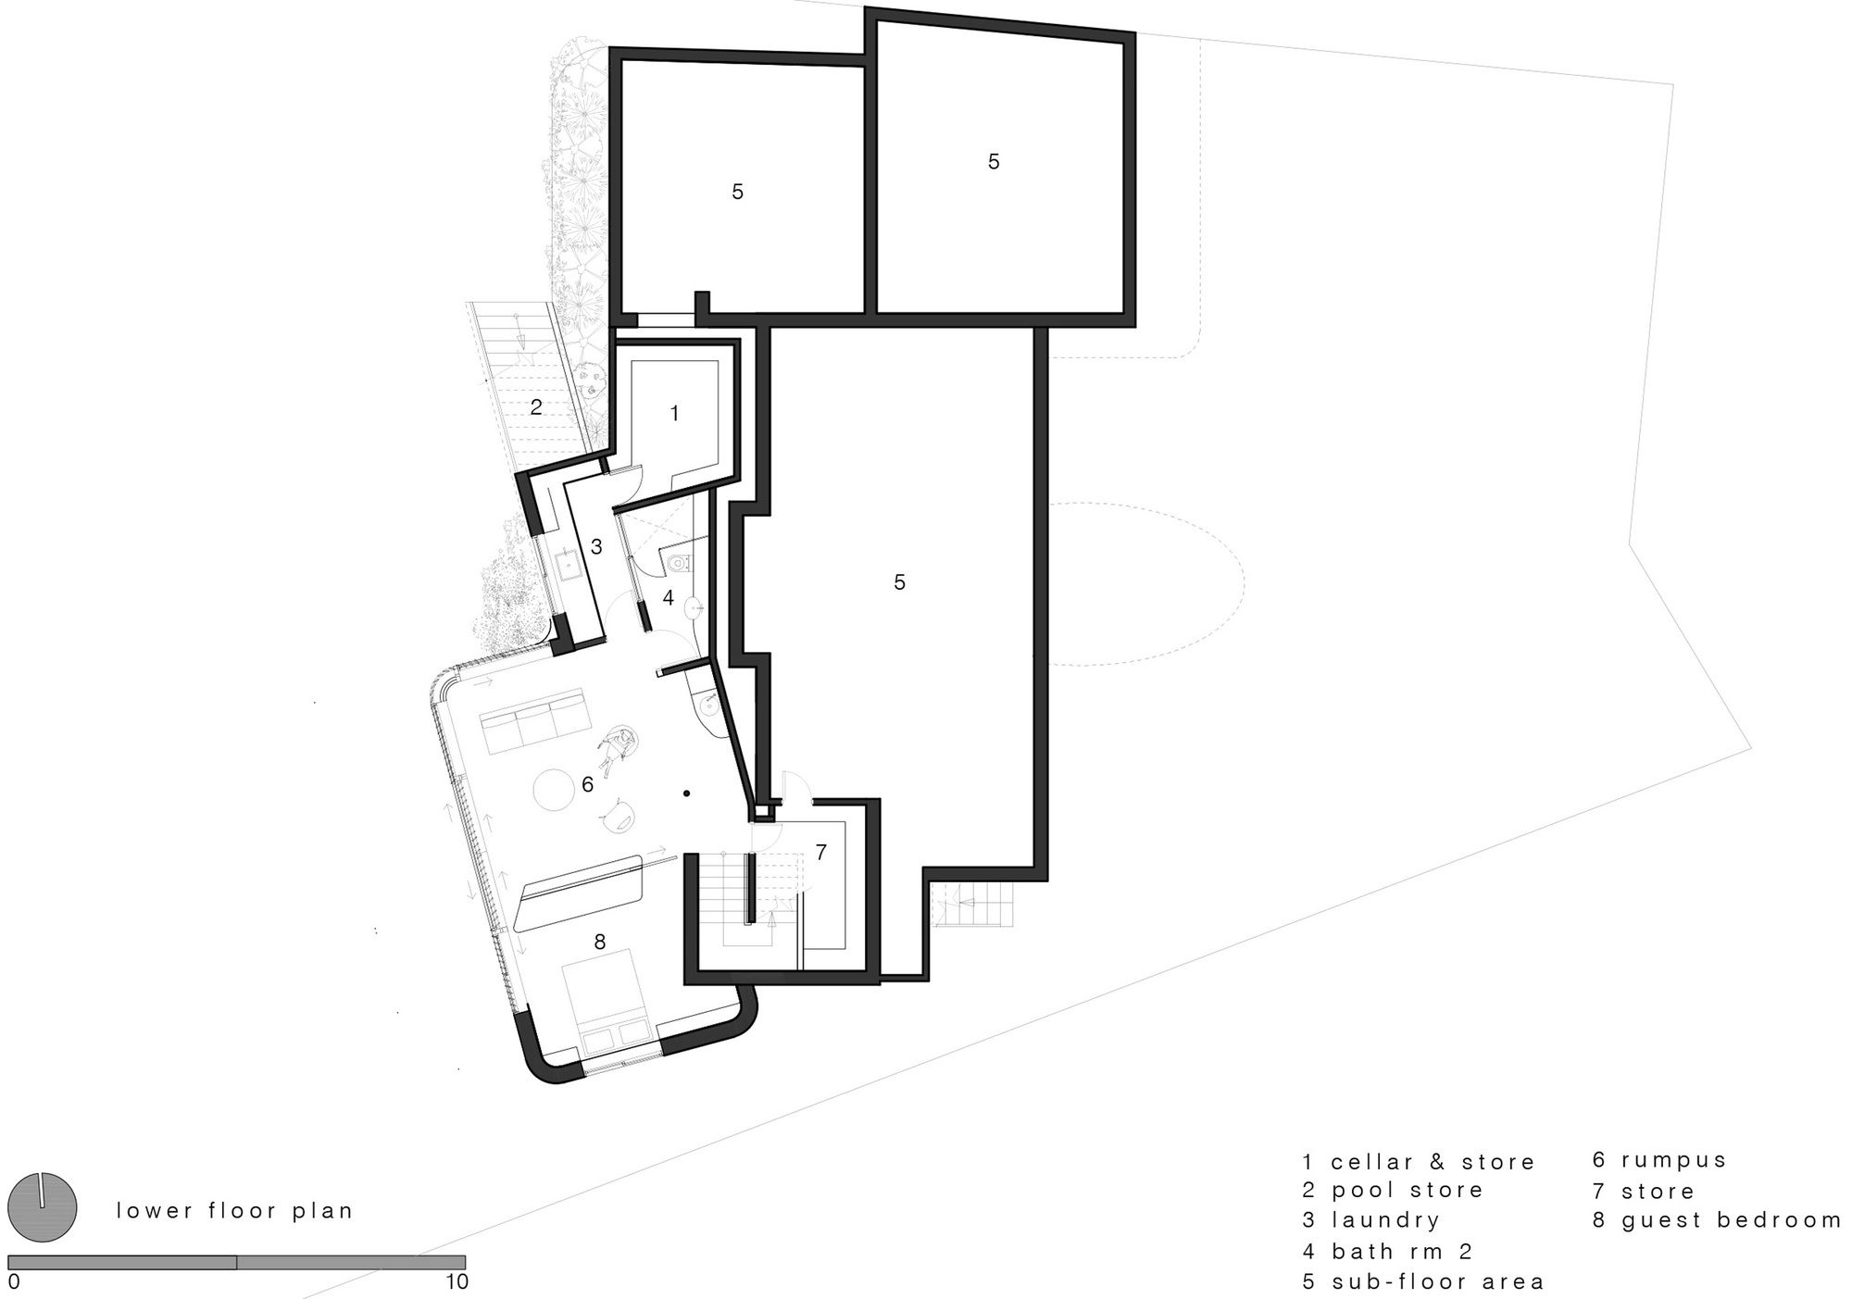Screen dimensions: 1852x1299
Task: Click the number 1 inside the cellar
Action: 674,414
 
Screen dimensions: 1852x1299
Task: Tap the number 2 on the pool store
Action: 536,406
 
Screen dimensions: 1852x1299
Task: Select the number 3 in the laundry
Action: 596,547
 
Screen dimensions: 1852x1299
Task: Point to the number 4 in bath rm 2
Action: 669,598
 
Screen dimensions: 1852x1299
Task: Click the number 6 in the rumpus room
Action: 587,785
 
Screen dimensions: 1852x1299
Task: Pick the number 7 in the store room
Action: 821,852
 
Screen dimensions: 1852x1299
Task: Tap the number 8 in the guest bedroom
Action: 600,942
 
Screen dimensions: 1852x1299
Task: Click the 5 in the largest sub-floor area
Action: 899,582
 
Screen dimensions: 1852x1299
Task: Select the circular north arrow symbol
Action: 42,1207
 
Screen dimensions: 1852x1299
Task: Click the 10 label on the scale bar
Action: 457,1282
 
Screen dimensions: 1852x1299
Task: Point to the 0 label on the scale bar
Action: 14,1282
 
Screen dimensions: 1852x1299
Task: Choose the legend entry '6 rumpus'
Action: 1660,1160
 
